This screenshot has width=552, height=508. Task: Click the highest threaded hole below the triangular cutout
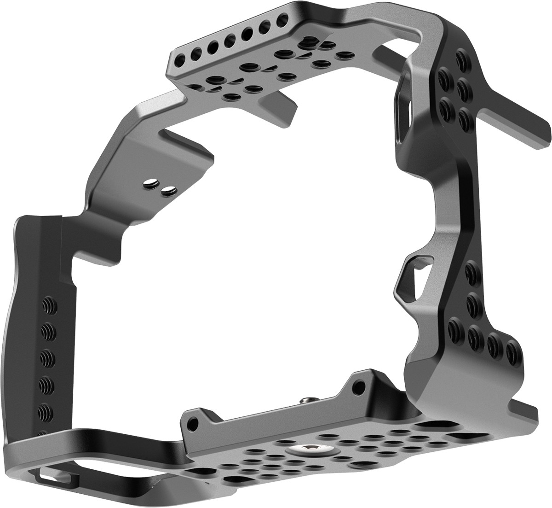470,273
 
